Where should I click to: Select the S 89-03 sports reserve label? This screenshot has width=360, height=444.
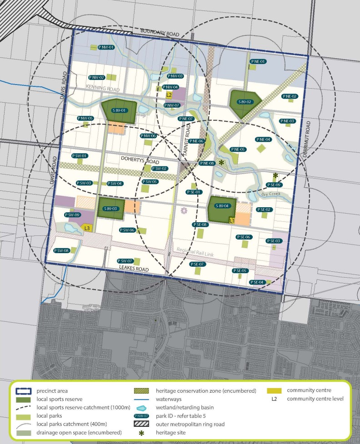(x=110, y=209)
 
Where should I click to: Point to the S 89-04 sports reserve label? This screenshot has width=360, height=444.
(x=221, y=205)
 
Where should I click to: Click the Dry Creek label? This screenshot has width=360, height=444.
(x=271, y=194)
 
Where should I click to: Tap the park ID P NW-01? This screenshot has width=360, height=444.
(x=106, y=47)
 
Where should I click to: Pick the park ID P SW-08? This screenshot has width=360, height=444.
(x=61, y=250)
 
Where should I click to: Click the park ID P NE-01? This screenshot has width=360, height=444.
(x=258, y=61)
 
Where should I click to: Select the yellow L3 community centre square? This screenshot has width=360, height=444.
(x=87, y=228)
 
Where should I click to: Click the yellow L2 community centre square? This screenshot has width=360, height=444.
(x=169, y=95)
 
